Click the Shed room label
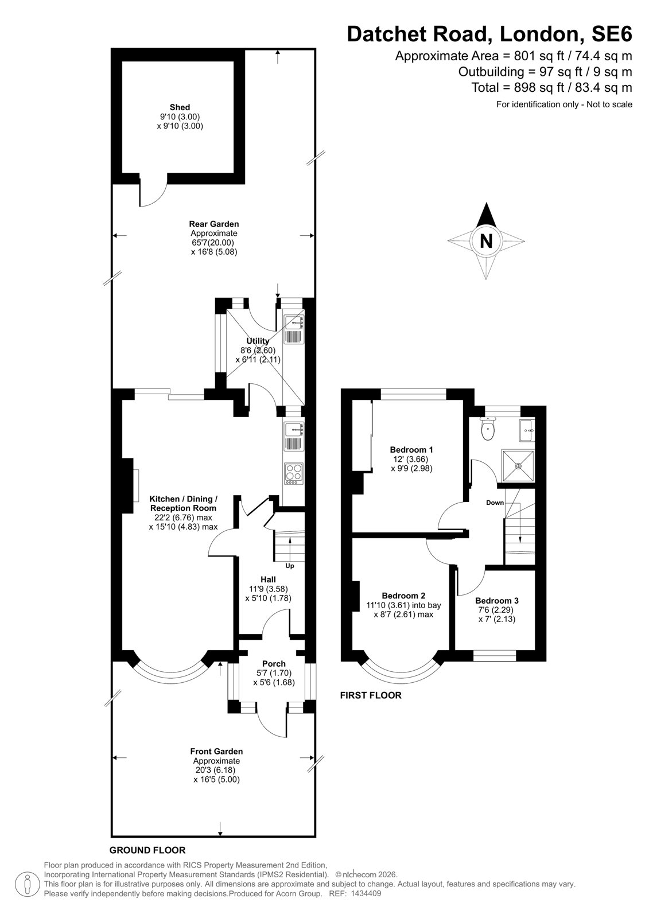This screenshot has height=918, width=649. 180,107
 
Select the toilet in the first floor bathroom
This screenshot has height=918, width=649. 488,428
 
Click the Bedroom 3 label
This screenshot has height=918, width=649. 497,600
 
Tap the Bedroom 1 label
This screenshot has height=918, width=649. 411,450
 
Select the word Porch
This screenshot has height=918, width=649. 274,663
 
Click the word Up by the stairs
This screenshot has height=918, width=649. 290,566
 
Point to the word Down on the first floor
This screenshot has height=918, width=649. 495,503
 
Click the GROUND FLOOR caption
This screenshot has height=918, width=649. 147,850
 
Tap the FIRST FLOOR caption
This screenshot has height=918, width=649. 371,695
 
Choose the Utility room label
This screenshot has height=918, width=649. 258,341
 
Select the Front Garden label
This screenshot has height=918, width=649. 216,751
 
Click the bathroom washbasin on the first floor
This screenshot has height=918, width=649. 527,430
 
